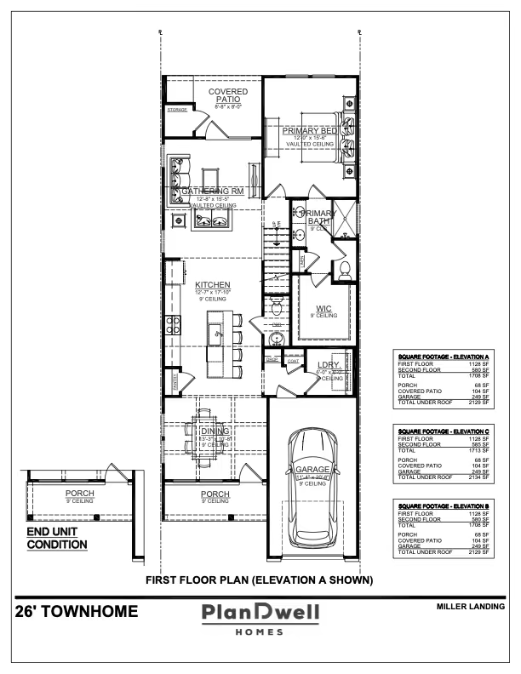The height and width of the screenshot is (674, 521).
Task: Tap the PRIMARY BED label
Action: [x=311, y=130]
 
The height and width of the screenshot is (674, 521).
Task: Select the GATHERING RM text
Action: [x=212, y=191]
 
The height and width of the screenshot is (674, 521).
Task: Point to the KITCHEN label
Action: [x=212, y=285]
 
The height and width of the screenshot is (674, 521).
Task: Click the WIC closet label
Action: [x=323, y=309]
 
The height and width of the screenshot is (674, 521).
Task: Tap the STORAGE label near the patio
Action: [x=177, y=110]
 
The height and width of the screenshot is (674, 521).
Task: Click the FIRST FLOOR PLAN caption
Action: [x=260, y=581]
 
